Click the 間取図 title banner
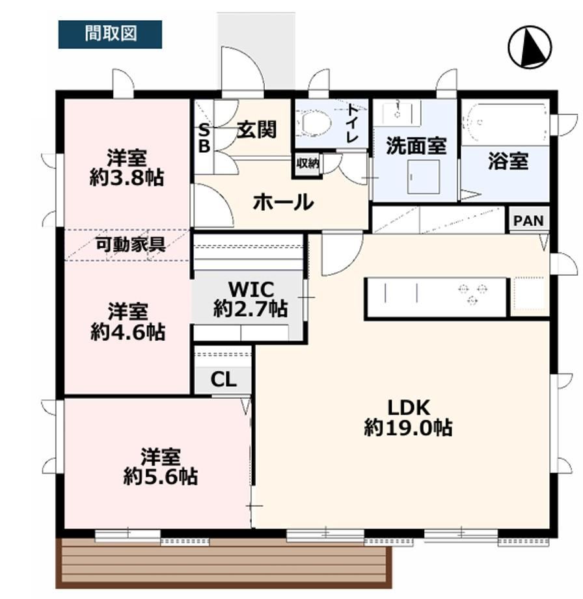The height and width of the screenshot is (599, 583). point(110,34)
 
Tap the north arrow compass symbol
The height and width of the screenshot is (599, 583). point(530,47)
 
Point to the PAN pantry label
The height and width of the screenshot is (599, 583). point(529,220)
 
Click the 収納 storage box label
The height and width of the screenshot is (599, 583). point(307,163)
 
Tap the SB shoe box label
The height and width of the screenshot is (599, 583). point(204,139)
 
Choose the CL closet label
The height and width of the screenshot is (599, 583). point(224,379)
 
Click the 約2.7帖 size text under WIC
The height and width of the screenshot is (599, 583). point(251,309)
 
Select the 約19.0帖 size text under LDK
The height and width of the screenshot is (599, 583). point(408,427)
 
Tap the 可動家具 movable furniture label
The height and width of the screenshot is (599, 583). point(130,245)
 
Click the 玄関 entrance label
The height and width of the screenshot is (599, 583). point(256,129)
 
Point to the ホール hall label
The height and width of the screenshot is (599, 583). point(284,202)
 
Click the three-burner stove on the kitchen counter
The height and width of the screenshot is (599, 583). point(473,294)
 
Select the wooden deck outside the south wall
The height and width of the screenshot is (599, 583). point(224,564)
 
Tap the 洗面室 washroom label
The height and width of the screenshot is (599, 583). point(416,146)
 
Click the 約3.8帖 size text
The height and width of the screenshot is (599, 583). point(127,178)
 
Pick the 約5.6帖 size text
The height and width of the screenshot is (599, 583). point(161,477)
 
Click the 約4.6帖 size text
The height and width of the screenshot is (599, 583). point(128,332)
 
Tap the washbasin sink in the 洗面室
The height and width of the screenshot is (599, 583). point(398,113)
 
